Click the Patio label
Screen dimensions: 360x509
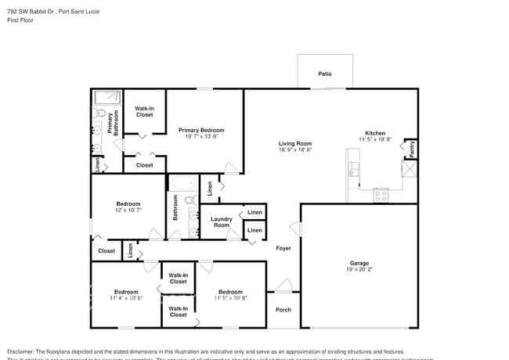(x=324, y=74)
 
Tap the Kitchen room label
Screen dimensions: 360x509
(x=375, y=133)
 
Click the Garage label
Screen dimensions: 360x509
(x=359, y=263)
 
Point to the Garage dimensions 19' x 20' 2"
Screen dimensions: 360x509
(x=359, y=269)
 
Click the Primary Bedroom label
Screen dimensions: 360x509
(x=201, y=130)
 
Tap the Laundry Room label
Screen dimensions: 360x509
(x=222, y=222)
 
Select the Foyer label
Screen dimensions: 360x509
(x=283, y=248)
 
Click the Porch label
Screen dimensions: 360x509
(x=283, y=309)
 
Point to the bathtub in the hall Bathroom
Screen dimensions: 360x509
(x=182, y=184)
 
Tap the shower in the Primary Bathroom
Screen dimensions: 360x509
(x=106, y=98)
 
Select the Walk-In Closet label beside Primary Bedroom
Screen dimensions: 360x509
(x=145, y=112)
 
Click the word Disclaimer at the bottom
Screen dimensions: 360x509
(x=24, y=351)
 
